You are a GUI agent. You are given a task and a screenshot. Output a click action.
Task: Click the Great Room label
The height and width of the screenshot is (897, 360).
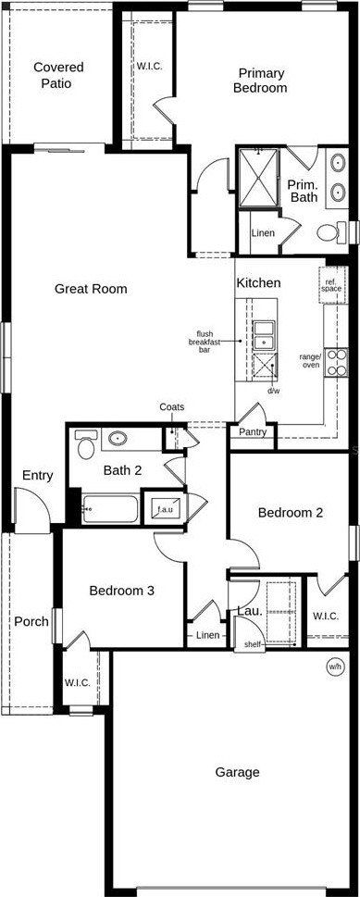click(91, 289)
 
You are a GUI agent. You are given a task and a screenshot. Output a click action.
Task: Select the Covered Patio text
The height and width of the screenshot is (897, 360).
click(58, 75)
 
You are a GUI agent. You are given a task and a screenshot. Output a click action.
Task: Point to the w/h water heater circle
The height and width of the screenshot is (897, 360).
click(335, 667)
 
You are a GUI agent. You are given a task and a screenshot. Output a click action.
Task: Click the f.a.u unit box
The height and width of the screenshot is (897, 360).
click(167, 509)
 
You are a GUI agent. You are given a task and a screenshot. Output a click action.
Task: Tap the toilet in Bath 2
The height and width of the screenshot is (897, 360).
click(86, 445)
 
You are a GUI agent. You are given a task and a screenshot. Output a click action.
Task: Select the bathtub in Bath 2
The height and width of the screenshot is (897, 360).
click(109, 508)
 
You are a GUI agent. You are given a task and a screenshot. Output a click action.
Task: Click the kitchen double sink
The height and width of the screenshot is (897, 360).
click(264, 333)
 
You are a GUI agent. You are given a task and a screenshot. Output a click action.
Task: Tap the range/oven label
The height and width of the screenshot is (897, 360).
click(310, 360)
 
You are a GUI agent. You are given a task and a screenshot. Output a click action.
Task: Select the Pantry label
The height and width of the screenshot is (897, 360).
click(253, 431)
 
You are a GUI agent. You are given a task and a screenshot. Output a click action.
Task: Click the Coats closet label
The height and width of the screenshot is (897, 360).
click(171, 407)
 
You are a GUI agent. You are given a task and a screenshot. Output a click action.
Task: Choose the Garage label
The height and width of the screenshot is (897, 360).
click(237, 771)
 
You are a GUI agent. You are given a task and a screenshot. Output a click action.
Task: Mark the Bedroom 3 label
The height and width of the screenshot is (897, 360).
click(122, 591)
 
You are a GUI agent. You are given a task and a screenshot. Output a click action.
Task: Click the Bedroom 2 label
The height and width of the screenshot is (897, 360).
click(290, 512)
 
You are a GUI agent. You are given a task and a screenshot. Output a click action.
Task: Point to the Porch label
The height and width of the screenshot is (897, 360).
click(31, 621)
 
